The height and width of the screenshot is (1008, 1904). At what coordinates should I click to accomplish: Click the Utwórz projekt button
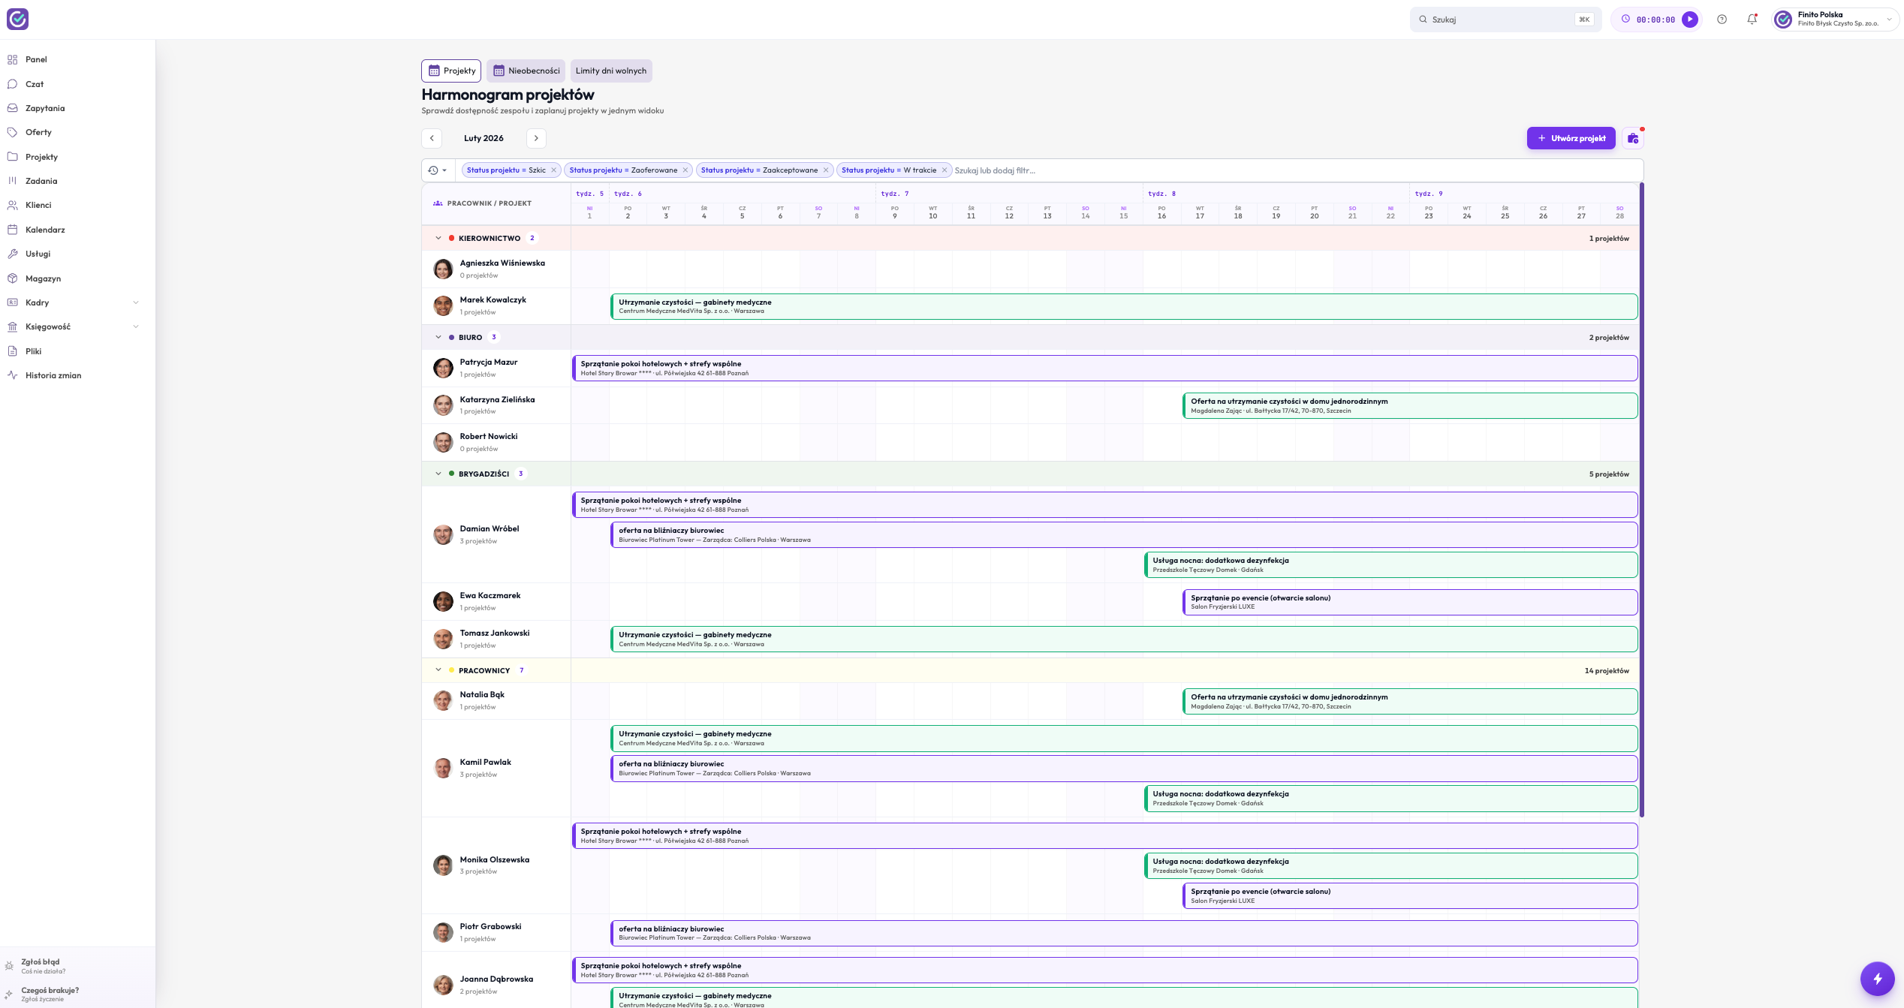(1571, 138)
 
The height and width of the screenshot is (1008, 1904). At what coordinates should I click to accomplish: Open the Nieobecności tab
(526, 71)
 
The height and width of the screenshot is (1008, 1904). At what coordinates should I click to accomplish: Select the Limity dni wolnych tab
(611, 71)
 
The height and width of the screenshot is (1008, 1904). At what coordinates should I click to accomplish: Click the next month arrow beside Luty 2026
(536, 138)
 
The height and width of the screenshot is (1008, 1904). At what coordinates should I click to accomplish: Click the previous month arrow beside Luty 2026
(432, 138)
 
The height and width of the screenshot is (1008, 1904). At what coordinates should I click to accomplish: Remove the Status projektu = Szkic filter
(554, 170)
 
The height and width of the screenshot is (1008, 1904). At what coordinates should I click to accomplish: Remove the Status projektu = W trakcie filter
(944, 170)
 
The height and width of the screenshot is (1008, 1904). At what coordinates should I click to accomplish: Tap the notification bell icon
(1752, 20)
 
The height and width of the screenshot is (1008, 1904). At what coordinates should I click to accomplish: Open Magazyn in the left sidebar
(43, 278)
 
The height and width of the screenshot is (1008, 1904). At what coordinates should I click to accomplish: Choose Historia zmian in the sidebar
(53, 375)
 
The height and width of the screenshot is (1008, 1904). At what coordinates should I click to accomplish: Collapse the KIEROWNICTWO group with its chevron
(438, 238)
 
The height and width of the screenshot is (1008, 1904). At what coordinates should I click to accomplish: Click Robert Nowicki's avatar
(443, 442)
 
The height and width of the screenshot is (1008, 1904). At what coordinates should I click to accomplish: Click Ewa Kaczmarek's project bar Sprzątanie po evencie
(1410, 602)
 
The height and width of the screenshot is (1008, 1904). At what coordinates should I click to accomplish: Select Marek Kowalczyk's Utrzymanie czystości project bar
(1124, 306)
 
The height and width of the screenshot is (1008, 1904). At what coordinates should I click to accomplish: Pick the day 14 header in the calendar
(1086, 212)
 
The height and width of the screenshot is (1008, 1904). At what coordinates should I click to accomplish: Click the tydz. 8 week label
(1161, 194)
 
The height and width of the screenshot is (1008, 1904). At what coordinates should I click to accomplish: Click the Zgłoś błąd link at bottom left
(41, 962)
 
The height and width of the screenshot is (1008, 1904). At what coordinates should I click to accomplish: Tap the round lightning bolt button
(1877, 979)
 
